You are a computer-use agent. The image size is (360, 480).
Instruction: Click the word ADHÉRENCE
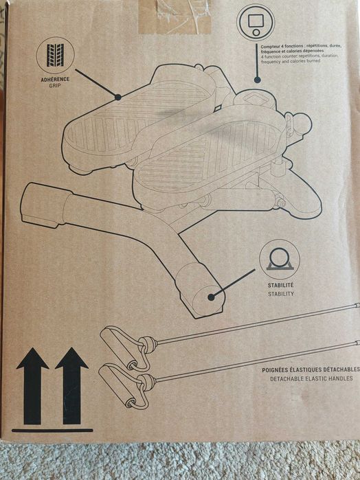(x=55, y=79)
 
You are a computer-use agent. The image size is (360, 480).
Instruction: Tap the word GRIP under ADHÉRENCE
(x=55, y=86)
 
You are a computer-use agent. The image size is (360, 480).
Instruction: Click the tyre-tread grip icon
(x=55, y=56)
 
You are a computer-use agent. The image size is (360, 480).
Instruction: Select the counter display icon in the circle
(x=256, y=23)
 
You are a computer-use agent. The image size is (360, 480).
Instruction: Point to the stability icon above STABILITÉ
(x=280, y=259)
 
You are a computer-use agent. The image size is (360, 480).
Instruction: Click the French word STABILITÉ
(x=280, y=285)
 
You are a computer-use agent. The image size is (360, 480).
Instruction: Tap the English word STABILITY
(x=281, y=294)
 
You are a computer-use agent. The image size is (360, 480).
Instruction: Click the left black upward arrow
(x=32, y=386)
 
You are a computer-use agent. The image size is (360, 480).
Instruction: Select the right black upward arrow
(x=71, y=386)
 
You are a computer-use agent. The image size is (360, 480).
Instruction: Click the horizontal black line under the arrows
(x=52, y=431)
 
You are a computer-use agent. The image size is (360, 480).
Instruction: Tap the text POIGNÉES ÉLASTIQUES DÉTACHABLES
(x=311, y=370)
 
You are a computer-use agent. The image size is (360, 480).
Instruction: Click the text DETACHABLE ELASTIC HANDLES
(x=311, y=378)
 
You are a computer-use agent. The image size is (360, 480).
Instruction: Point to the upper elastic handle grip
(x=118, y=347)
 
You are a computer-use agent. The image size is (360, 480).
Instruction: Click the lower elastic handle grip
(x=117, y=386)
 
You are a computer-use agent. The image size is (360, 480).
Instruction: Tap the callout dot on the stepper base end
(x=210, y=297)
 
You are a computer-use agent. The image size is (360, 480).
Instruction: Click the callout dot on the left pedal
(x=118, y=98)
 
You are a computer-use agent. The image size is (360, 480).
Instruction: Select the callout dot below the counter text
(x=258, y=80)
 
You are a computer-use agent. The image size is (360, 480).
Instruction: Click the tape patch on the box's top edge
(x=175, y=16)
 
